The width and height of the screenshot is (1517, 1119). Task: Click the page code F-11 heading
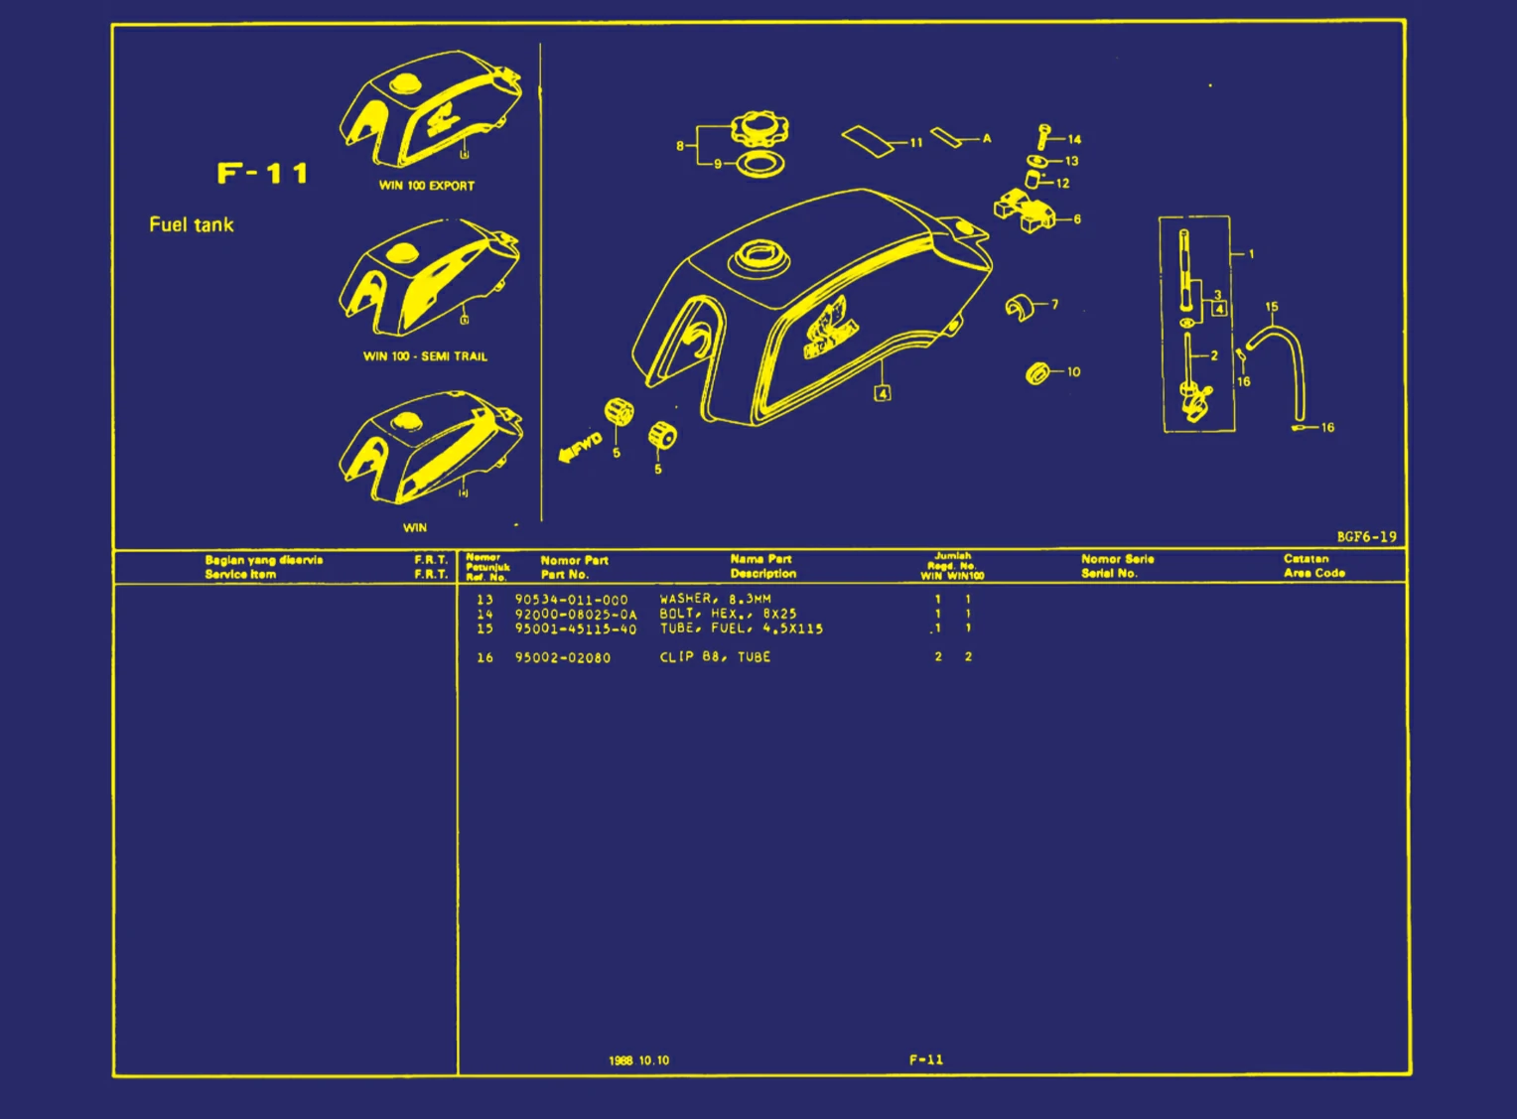[263, 174]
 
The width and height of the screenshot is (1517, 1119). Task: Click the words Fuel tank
[192, 224]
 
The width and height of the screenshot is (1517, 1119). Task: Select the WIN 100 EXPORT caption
[427, 186]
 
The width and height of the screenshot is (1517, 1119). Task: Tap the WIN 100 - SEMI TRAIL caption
[425, 356]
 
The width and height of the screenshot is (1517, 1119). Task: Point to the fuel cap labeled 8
[759, 129]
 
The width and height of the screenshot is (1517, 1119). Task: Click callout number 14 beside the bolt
[1074, 140]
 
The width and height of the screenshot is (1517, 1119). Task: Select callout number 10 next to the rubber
[1073, 372]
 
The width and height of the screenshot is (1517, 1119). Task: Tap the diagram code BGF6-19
[1366, 537]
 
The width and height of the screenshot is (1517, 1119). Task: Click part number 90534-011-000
[571, 600]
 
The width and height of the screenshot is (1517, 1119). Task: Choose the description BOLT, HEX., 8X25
[728, 614]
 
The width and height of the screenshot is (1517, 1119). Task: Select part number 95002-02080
[563, 657]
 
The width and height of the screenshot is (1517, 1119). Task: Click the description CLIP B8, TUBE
[715, 657]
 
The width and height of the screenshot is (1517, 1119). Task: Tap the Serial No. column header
[1109, 574]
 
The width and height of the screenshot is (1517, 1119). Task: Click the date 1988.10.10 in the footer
[638, 1060]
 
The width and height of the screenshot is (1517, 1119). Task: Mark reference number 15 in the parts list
[484, 629]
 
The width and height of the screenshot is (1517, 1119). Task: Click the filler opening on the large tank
[760, 259]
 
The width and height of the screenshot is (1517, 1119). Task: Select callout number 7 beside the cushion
[1054, 305]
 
